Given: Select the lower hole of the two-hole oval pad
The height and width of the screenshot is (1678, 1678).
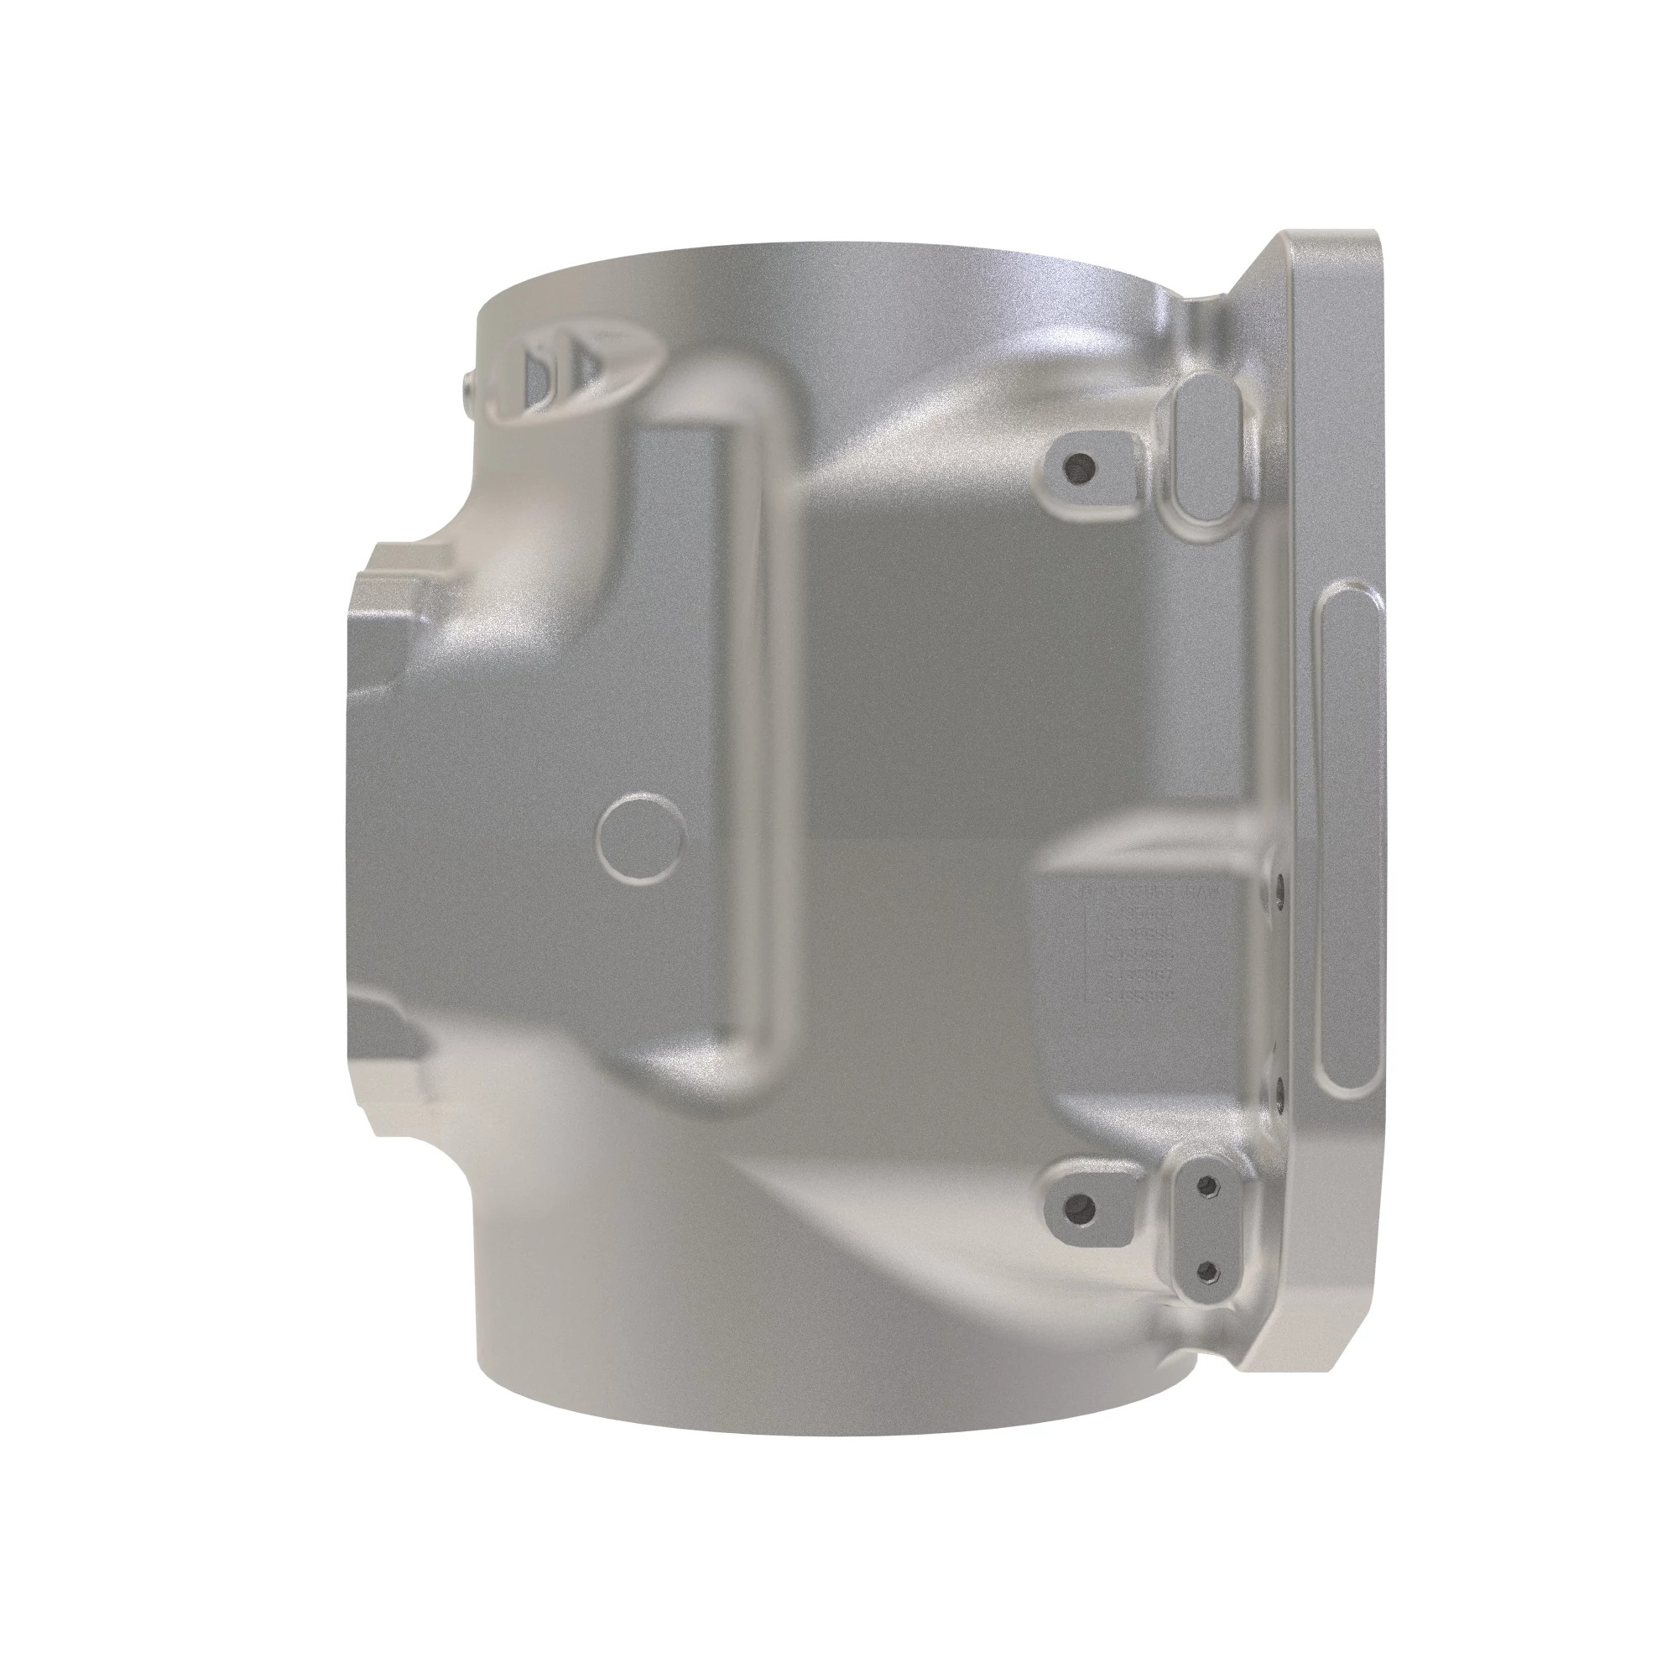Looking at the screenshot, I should (1206, 1272).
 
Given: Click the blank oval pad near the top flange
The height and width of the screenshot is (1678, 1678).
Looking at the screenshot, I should (1205, 450).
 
